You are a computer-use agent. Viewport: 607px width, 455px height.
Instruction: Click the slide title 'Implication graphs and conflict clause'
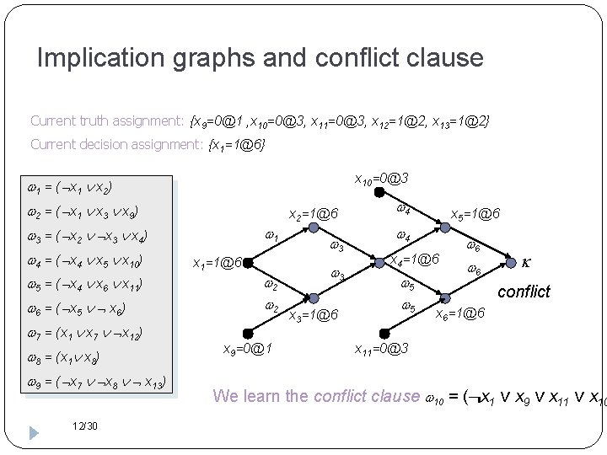coord(261,58)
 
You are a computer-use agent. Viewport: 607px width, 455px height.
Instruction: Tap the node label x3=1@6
coord(314,317)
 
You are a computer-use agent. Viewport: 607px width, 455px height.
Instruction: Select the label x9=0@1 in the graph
coord(245,348)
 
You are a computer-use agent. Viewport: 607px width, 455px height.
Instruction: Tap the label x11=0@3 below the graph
coord(381,348)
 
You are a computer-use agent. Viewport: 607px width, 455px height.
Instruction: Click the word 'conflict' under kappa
coord(524,292)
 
